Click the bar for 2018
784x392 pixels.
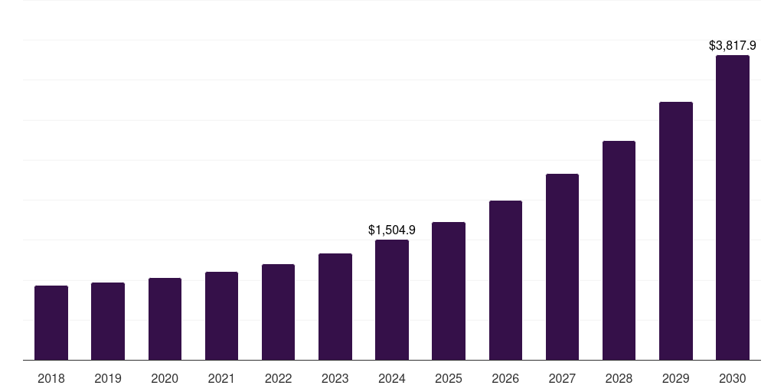click(51, 322)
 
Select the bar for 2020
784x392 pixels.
click(165, 318)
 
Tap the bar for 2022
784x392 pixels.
click(278, 312)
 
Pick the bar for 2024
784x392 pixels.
click(392, 299)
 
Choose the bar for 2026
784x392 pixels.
click(505, 280)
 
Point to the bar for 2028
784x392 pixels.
click(619, 250)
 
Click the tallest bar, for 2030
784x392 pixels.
click(733, 207)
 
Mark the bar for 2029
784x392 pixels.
click(676, 230)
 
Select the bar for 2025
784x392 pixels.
click(449, 291)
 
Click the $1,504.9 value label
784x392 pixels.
click(392, 230)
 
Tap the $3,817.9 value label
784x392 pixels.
click(733, 46)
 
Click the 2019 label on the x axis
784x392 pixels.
click(108, 378)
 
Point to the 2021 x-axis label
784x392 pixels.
click(221, 378)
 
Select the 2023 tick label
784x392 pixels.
click(335, 378)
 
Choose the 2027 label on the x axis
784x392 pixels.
click(562, 378)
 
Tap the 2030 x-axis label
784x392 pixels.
click(733, 378)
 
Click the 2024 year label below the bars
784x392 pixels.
click(392, 378)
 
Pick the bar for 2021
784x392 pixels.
click(221, 315)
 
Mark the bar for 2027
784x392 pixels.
click(562, 266)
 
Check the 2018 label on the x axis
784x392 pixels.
click(51, 378)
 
